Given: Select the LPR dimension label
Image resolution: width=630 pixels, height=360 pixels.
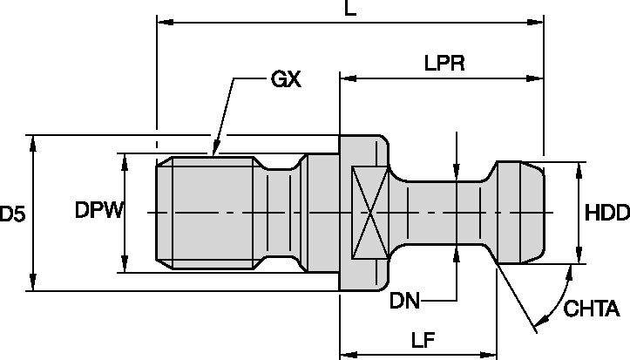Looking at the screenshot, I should point(444,64).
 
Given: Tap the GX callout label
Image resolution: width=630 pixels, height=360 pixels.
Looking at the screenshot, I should point(286,79).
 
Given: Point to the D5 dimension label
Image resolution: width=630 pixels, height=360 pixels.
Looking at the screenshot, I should point(11,213).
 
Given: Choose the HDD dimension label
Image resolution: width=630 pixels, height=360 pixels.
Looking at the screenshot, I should point(605,212).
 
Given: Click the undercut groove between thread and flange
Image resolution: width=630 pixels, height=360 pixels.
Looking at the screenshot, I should point(283,213).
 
